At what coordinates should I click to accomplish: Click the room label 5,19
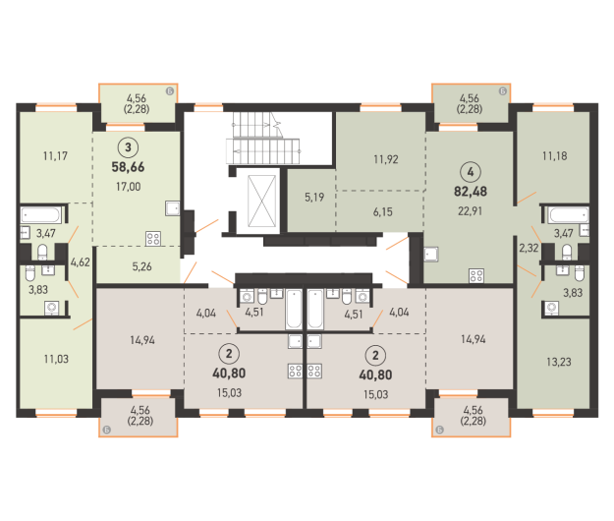(314, 197)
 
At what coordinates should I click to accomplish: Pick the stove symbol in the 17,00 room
(152, 236)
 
